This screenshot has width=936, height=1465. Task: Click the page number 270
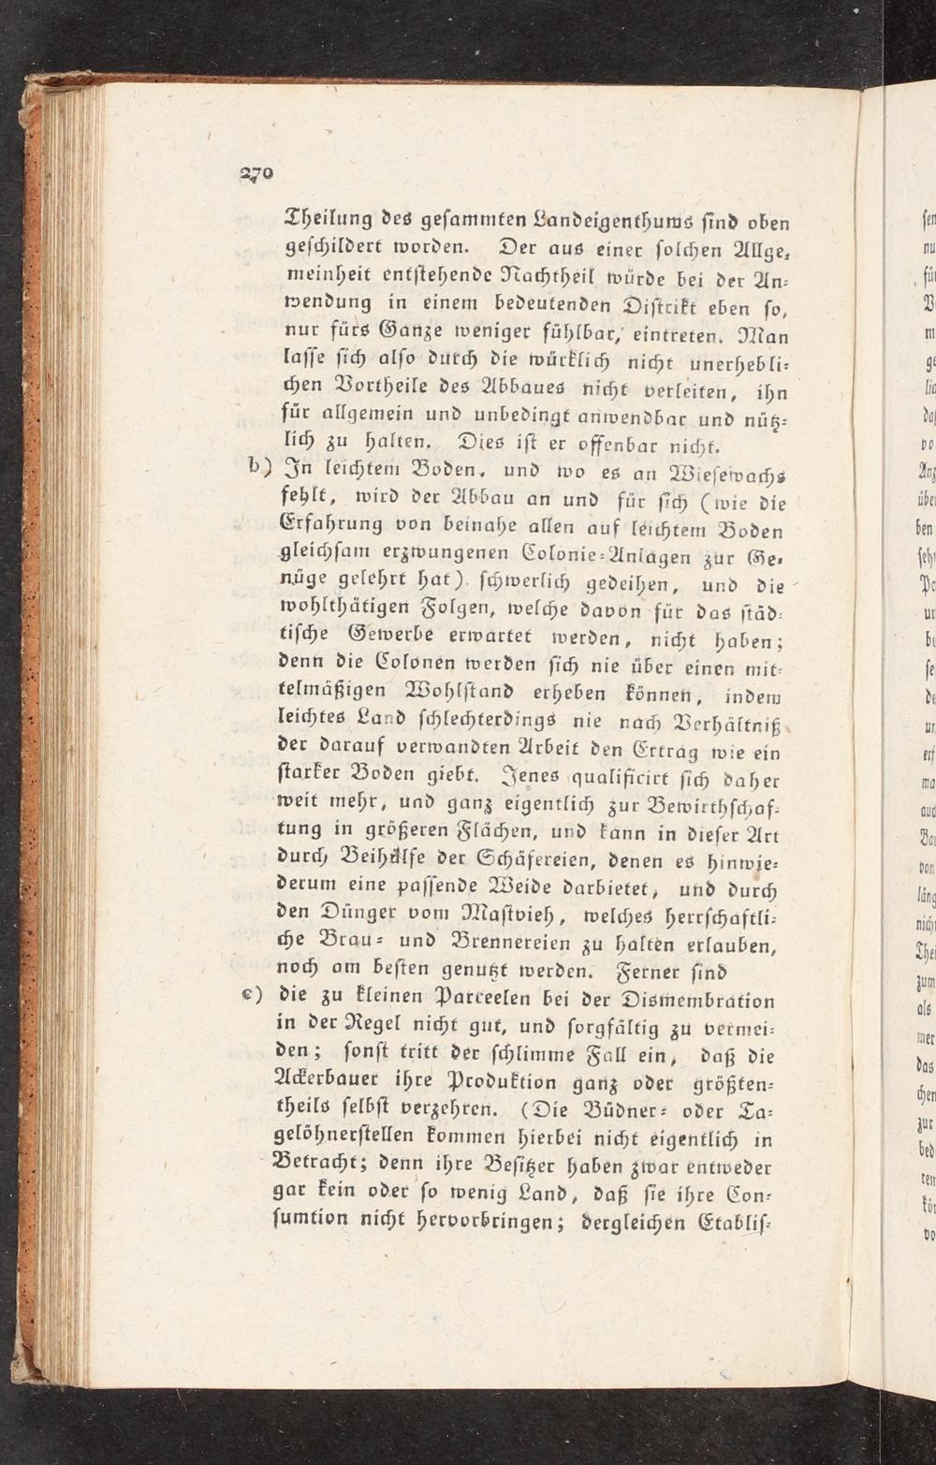[x=254, y=171]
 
